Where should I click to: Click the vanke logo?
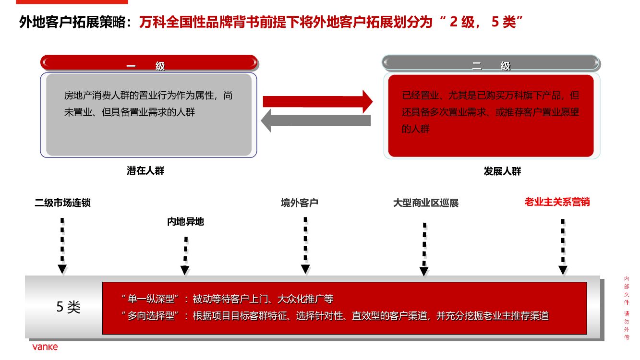(45, 347)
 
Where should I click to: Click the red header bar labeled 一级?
(149, 63)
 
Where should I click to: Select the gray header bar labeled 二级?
(491, 64)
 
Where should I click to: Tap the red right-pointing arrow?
(317, 101)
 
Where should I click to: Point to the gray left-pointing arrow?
(316, 120)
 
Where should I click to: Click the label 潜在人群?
(145, 170)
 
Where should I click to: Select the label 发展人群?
(502, 171)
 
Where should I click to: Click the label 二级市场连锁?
(63, 203)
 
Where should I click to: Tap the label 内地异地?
(185, 222)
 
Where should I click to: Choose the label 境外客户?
(300, 203)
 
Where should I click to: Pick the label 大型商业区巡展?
(426, 203)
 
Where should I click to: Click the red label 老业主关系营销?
(557, 202)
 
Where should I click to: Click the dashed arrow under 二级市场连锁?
(62, 245)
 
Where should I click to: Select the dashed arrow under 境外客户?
(305, 245)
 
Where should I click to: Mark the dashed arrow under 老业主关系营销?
(563, 246)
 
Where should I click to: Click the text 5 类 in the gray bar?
(69, 307)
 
